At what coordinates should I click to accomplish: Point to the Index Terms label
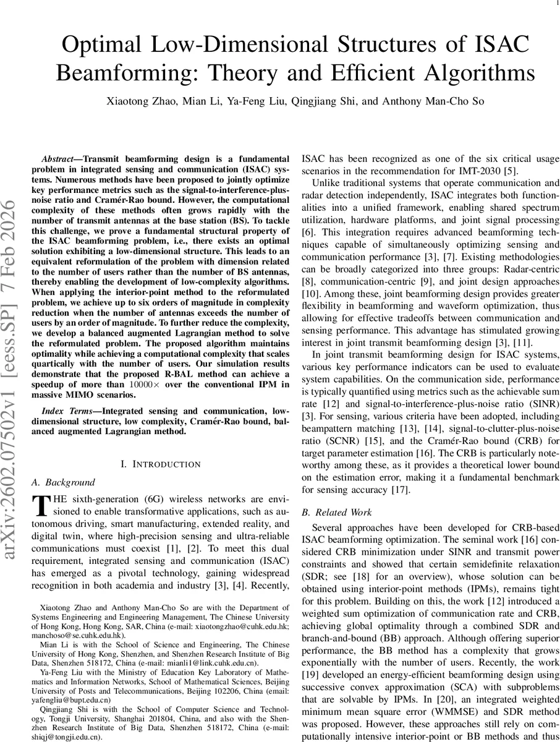click(67, 411)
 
